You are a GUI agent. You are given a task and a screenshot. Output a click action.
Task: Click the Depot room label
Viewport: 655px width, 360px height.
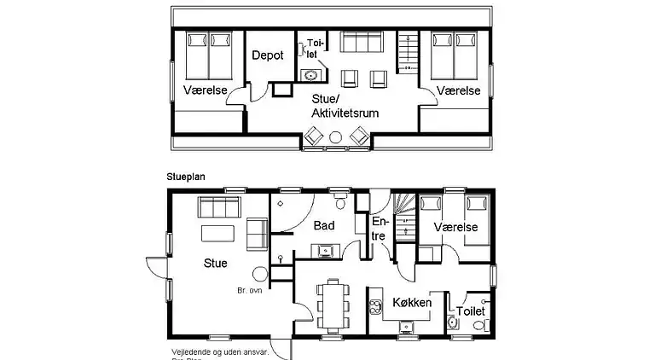point(267,55)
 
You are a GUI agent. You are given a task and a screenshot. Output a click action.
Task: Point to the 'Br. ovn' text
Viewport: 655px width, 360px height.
point(250,291)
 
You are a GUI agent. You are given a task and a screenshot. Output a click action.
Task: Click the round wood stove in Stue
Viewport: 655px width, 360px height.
point(260,275)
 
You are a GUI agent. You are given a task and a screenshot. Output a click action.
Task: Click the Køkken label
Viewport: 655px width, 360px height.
point(411,303)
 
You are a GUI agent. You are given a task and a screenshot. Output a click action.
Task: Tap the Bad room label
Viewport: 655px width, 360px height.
point(323,226)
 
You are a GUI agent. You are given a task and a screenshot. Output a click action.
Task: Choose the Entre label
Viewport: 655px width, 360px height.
point(379,229)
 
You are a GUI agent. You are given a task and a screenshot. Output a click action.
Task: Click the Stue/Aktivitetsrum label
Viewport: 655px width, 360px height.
point(345,107)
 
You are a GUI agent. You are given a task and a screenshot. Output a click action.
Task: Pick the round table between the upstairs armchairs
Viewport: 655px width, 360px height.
point(336,136)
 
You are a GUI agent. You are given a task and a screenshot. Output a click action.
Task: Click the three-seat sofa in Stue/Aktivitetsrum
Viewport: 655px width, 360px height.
point(361,43)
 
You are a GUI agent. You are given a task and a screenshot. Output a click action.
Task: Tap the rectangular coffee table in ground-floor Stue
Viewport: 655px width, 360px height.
point(216,234)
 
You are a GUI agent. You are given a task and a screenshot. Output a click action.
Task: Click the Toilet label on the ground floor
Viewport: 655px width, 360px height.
point(471,311)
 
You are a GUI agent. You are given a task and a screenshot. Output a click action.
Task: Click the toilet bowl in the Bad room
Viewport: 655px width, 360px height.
point(341,202)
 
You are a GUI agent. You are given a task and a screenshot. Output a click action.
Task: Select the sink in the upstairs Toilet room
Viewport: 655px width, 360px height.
point(308,74)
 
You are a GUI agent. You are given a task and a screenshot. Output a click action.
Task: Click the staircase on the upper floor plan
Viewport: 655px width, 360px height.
point(410,52)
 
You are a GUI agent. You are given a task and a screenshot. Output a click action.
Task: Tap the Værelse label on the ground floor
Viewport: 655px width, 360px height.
point(455,227)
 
